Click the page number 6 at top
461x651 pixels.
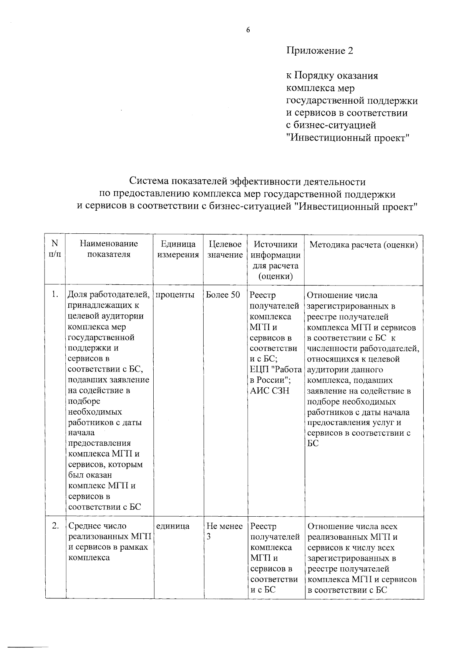[x=248, y=30]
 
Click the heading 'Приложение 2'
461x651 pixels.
[x=319, y=51]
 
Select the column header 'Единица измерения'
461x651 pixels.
[x=178, y=249]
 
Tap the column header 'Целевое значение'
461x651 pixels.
[x=225, y=249]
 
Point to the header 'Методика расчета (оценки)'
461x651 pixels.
[x=363, y=245]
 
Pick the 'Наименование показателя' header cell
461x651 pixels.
[x=109, y=249]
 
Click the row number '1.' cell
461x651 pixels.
[x=55, y=294]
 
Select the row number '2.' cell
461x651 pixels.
[x=55, y=526]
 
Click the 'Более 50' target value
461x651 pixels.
[x=223, y=295]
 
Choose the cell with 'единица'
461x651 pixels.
[x=173, y=526]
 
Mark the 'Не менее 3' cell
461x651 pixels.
[x=224, y=531]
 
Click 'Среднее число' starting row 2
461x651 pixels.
[x=97, y=526]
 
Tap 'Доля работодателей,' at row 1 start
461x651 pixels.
[x=109, y=295]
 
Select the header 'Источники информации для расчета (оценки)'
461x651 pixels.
[x=275, y=260]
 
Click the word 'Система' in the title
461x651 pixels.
[x=149, y=181]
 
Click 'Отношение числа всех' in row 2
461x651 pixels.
[x=353, y=526]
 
